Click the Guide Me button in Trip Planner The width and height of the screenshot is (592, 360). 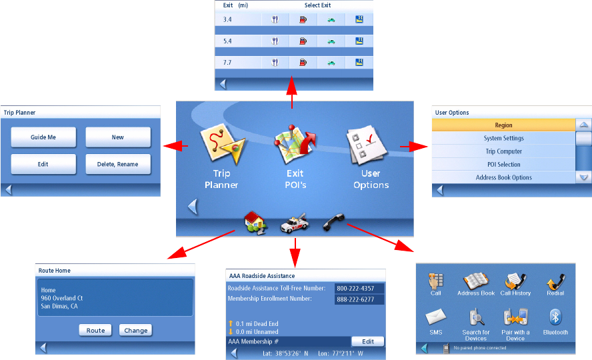click(x=43, y=137)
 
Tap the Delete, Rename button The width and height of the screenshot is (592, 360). click(x=118, y=163)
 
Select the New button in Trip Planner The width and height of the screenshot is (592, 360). click(x=118, y=137)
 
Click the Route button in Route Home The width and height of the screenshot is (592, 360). click(x=95, y=330)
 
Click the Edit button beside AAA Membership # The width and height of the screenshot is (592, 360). click(x=368, y=341)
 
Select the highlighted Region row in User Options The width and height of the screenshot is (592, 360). click(x=503, y=125)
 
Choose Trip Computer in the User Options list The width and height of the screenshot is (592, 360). click(x=503, y=151)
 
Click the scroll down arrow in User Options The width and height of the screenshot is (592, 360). click(x=584, y=177)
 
